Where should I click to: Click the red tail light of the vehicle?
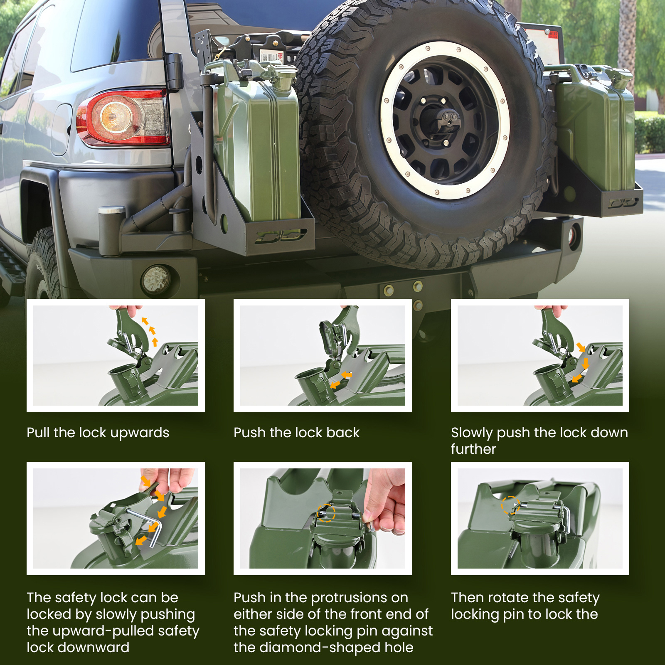click(x=123, y=117)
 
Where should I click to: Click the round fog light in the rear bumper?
click(x=156, y=279)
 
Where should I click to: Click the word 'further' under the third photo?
click(x=473, y=449)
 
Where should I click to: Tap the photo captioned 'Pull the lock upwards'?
click(x=116, y=355)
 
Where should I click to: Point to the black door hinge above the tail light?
click(x=175, y=71)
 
